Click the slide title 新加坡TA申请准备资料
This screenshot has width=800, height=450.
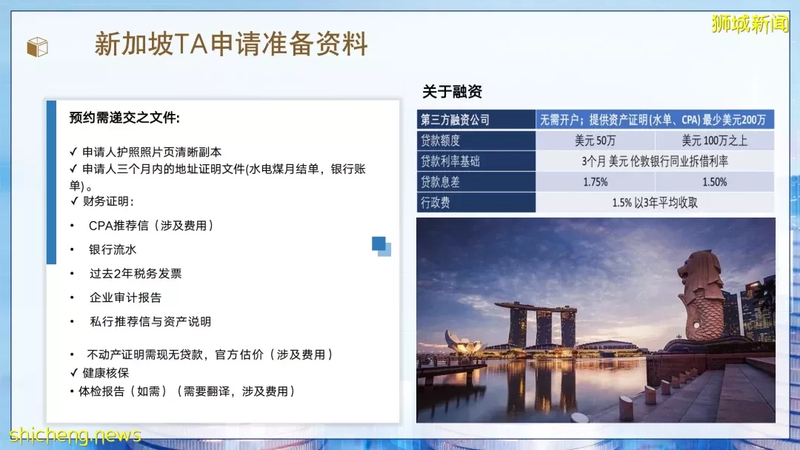click(x=231, y=44)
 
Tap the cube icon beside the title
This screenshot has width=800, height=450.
click(x=37, y=47)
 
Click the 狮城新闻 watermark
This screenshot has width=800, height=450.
click(x=750, y=24)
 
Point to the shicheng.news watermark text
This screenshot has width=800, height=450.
click(x=75, y=434)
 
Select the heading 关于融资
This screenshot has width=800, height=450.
click(x=452, y=92)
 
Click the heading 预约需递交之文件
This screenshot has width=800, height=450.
click(x=124, y=118)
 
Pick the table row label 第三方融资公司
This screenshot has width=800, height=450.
click(x=455, y=120)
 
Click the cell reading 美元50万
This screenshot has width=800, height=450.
click(x=595, y=141)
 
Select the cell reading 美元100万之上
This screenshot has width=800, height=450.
click(x=714, y=141)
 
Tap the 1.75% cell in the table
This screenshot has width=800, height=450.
click(x=595, y=182)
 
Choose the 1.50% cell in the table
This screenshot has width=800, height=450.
click(x=714, y=182)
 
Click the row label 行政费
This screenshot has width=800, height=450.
click(x=436, y=203)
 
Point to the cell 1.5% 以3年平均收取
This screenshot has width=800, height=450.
click(x=655, y=203)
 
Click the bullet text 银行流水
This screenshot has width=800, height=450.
click(x=113, y=249)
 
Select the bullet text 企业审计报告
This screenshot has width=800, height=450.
click(x=125, y=298)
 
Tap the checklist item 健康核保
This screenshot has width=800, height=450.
click(x=106, y=373)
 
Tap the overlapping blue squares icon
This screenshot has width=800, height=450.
click(x=381, y=246)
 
